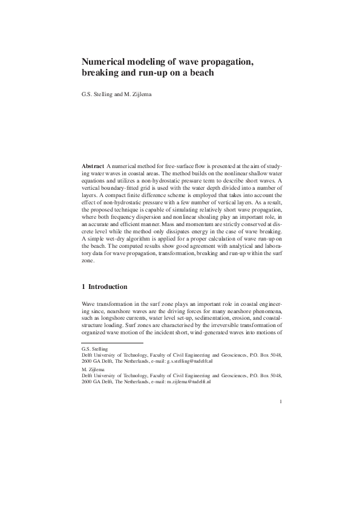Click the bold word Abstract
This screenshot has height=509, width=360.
point(93,166)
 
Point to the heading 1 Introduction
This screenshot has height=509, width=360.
point(105,286)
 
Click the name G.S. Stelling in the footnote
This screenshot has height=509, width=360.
point(94,349)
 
